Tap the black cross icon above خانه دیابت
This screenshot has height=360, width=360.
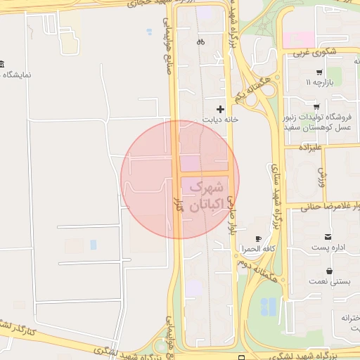tap(221, 109)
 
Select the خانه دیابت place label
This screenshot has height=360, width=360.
tap(221, 120)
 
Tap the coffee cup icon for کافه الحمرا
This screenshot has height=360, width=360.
tap(258, 239)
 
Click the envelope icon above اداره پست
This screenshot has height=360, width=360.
tap(328, 236)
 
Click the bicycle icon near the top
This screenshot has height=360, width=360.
tap(201, 41)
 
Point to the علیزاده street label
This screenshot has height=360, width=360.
tap(309, 148)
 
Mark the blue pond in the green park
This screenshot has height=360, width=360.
tap(268, 307)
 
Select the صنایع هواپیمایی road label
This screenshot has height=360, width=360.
tap(168, 42)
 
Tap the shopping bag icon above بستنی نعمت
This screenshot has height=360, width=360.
tap(329, 271)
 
